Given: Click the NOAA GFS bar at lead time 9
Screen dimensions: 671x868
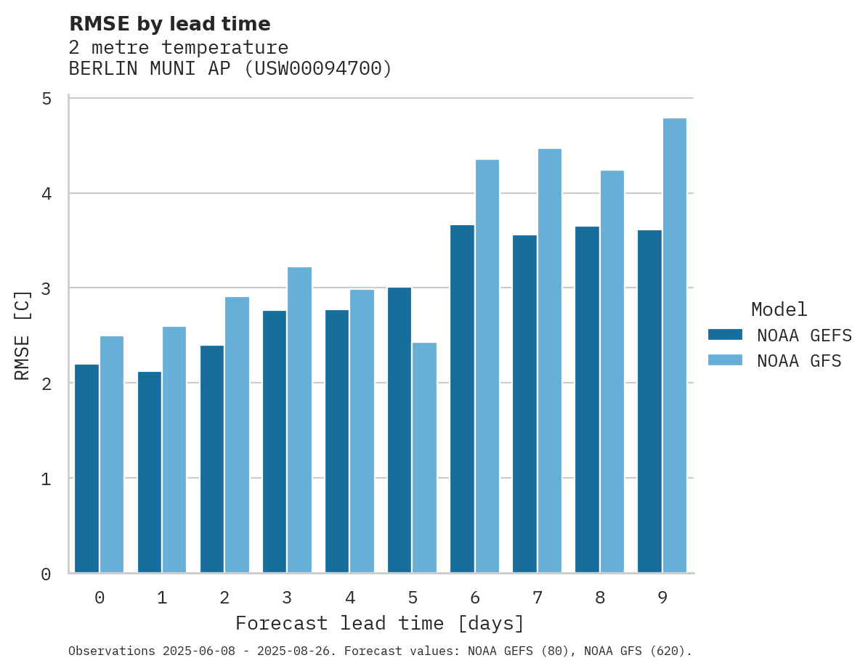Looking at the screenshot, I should click(675, 345).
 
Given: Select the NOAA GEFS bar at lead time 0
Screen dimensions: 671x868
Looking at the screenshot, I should click(87, 468).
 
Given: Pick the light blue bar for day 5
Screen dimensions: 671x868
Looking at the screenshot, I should click(425, 457).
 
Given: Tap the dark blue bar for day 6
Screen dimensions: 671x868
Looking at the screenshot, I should click(462, 399).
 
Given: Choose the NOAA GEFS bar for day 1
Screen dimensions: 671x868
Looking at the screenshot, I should click(150, 472).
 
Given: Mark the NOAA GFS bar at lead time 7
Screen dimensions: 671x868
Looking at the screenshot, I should click(550, 360).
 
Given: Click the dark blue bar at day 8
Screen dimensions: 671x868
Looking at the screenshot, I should click(587, 399).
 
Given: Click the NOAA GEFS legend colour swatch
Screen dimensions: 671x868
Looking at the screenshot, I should click(725, 335).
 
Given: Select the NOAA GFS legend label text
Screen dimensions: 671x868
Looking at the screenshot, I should click(799, 361).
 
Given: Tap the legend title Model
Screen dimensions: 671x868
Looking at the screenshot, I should click(779, 309).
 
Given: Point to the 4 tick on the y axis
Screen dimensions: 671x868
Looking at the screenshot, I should click(46, 194).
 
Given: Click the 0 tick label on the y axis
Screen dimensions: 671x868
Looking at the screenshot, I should click(46, 574).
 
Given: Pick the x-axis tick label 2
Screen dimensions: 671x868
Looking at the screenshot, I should click(224, 598).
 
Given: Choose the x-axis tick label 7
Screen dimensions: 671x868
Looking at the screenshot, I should click(538, 598).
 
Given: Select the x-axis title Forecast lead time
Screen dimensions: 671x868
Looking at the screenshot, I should click(380, 623).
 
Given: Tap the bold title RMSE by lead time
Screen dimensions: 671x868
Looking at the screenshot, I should click(169, 24).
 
